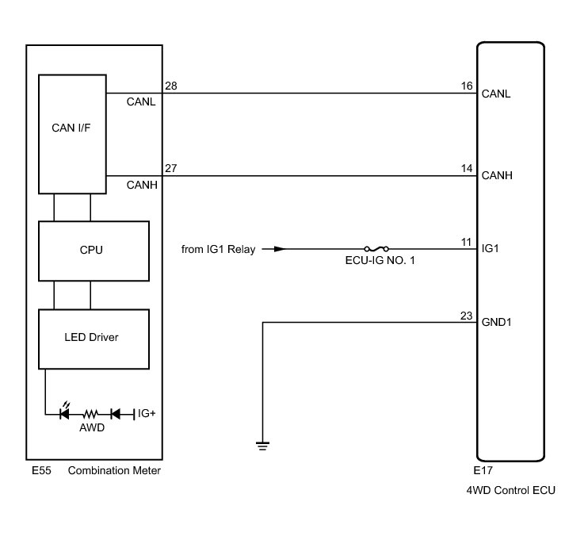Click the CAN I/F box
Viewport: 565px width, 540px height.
(72, 132)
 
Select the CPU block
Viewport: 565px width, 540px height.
(94, 250)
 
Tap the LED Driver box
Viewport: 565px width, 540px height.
(94, 338)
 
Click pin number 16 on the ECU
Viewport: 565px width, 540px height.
(466, 85)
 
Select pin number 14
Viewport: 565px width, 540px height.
(466, 168)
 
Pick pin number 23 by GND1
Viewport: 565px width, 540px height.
(466, 315)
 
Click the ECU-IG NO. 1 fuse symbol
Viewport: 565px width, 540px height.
(376, 248)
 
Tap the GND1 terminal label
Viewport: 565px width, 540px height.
(497, 324)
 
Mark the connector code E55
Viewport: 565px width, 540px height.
(41, 471)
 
